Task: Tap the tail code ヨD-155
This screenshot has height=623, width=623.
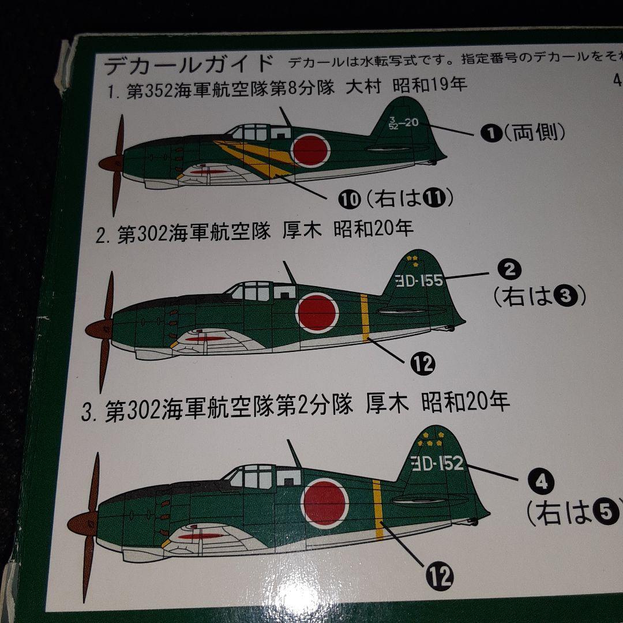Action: (419, 280)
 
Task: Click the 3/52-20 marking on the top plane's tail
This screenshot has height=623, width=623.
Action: (403, 123)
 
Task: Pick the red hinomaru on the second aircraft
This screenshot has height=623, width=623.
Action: (316, 312)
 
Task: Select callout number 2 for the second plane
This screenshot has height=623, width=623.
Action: (509, 269)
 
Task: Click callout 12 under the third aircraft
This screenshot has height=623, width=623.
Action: (440, 575)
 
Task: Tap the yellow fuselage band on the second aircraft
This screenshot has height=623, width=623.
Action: (365, 317)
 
